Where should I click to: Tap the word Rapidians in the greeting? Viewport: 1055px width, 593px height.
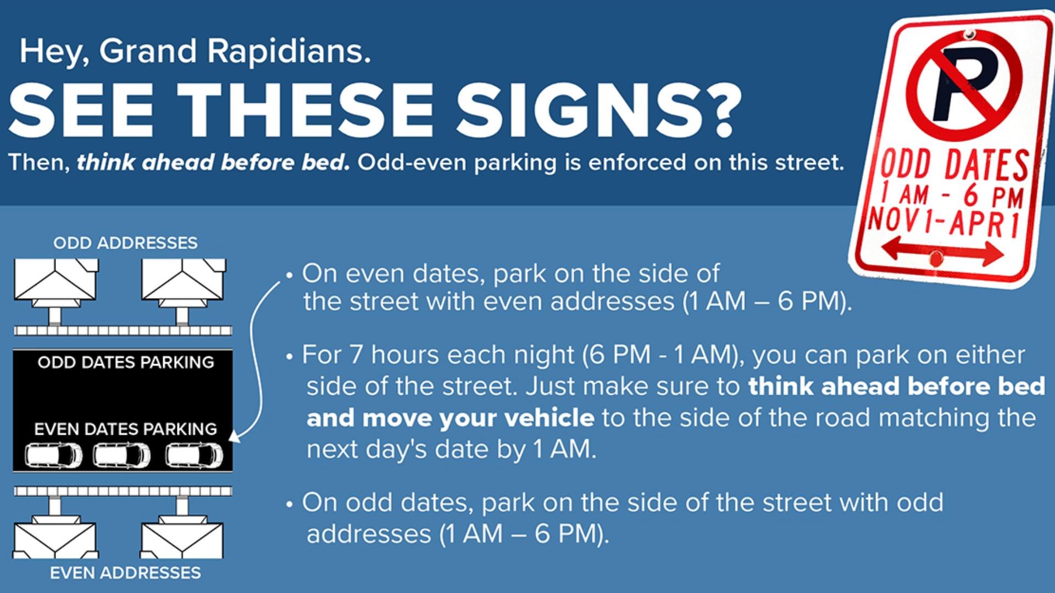point(288,51)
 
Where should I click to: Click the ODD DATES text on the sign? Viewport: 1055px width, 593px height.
point(954,166)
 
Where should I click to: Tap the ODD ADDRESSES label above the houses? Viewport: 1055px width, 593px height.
point(125,243)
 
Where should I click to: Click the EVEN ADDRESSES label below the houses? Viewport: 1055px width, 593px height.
point(125,573)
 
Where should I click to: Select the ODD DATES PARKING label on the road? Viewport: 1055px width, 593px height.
point(126,362)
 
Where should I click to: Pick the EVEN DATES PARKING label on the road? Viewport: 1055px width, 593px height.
point(125,429)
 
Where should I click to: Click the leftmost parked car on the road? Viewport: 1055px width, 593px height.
point(53,455)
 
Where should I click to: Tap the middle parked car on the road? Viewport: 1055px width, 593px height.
point(121,455)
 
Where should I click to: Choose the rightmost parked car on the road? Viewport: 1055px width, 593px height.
point(195,455)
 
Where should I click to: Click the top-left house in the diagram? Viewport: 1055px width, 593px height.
point(55,283)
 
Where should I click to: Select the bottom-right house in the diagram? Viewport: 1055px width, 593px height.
point(182,539)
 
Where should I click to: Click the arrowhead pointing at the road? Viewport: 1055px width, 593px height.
point(234,437)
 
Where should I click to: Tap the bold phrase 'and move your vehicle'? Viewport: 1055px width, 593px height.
point(450,418)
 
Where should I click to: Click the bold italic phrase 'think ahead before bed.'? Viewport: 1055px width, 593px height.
point(213,163)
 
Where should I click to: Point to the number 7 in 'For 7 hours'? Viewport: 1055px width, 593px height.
point(356,355)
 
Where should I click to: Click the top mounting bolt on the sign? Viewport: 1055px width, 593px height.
point(969,35)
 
